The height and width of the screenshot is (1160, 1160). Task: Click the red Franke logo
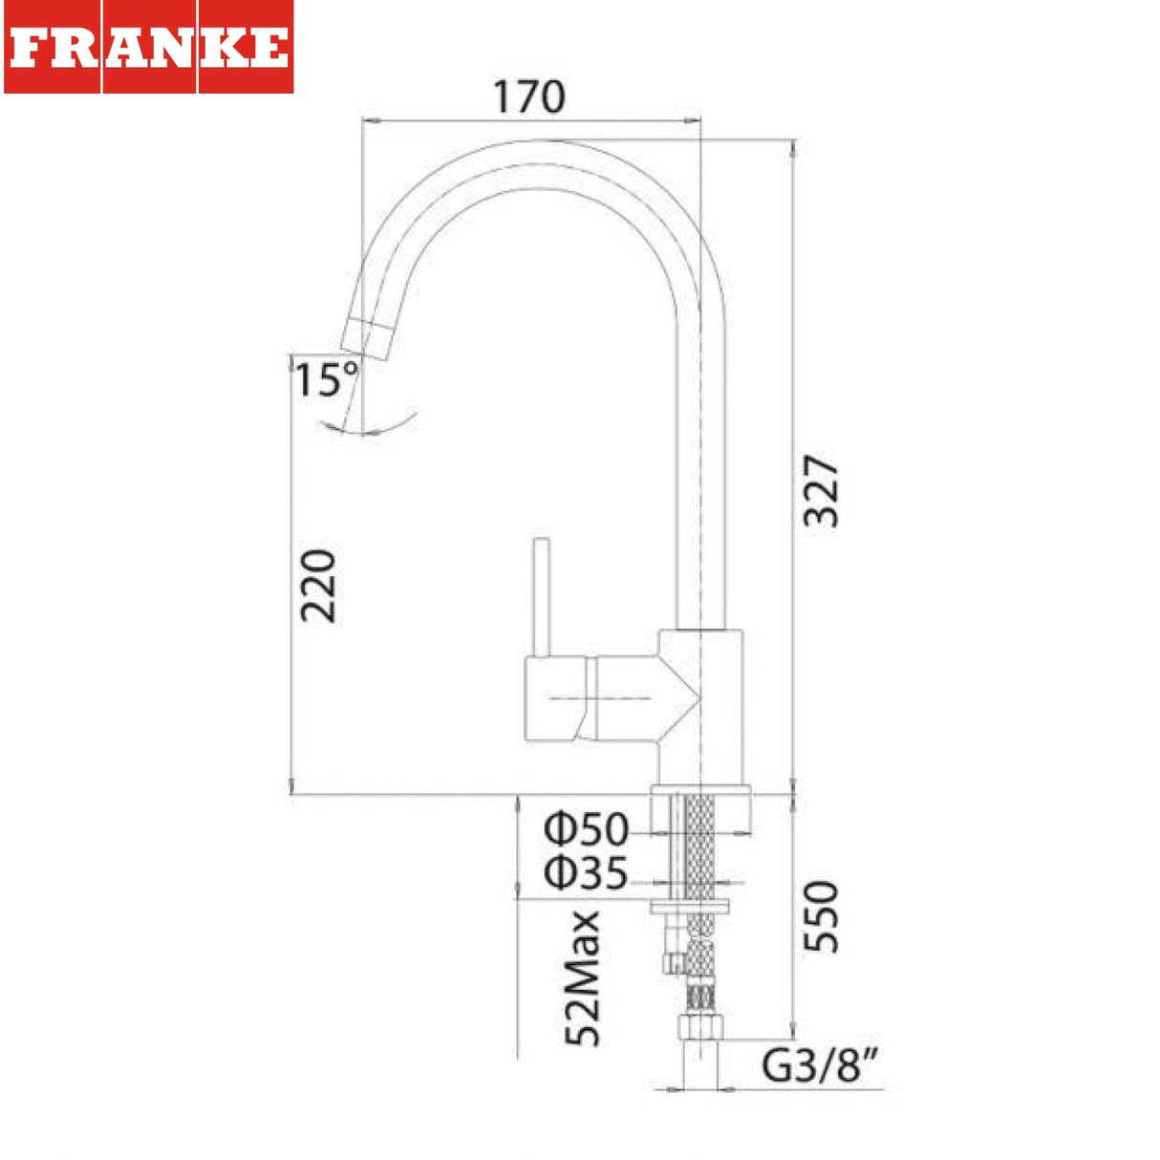click(149, 47)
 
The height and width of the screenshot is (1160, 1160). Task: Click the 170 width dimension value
click(529, 97)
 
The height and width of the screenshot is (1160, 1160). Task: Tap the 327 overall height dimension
click(821, 491)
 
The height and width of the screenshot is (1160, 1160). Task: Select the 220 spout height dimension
click(317, 586)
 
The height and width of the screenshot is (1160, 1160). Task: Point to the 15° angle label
click(326, 378)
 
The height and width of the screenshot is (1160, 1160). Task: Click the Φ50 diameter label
click(586, 829)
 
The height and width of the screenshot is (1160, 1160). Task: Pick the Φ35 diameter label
click(586, 872)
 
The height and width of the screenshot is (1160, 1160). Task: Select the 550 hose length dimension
click(821, 916)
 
